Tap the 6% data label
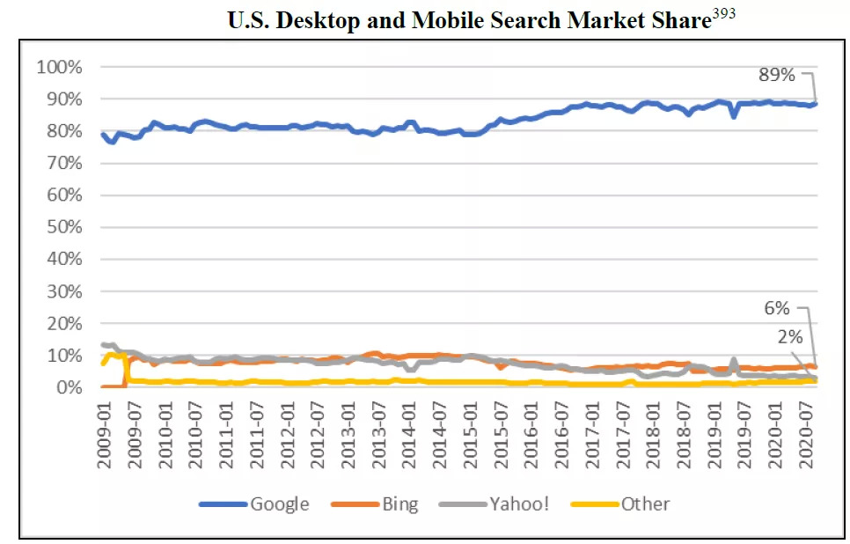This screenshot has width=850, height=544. pyautogui.click(x=776, y=309)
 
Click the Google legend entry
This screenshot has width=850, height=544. pyautogui.click(x=279, y=504)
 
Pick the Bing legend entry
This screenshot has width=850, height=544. pyautogui.click(x=400, y=504)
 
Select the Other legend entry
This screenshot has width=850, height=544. pyautogui.click(x=645, y=504)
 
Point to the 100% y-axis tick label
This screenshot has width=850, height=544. pyautogui.click(x=60, y=67)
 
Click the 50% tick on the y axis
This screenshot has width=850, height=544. pyautogui.click(x=64, y=227)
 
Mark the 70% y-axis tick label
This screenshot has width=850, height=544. pyautogui.click(x=64, y=163)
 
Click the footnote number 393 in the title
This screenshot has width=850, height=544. pyautogui.click(x=723, y=15)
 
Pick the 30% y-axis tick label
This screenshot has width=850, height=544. pyautogui.click(x=64, y=291)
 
